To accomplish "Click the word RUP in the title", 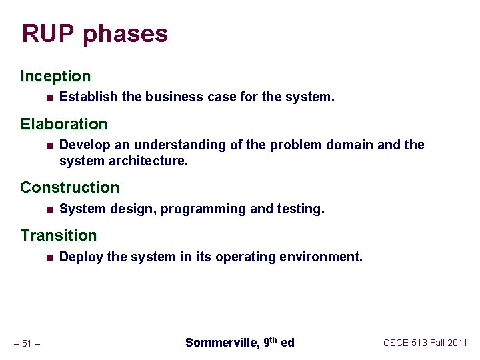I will pos(49,33).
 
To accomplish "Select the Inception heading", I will pos(55,76).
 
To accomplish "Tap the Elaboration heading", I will pos(63,124).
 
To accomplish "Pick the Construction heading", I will pos(69,187).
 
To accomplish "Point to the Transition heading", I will pos(58,235).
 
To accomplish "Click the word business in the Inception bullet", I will pos(173,97).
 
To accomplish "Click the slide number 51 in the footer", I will pos(27,343).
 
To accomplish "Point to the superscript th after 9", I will pos(273,339).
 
